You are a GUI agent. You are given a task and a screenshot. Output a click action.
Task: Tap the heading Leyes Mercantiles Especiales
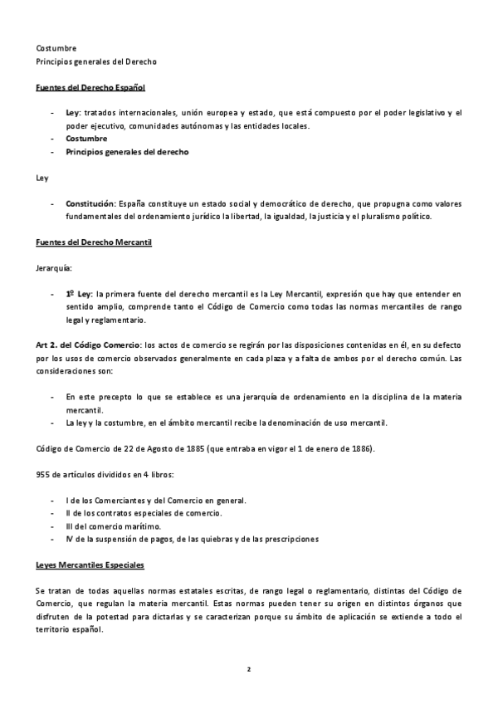90,565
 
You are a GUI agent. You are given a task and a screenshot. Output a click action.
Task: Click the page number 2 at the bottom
248,668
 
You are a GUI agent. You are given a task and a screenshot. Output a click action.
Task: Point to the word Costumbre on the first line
56,48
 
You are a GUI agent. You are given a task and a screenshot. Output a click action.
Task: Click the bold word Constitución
90,203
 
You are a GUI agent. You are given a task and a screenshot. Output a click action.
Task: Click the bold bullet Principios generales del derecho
127,152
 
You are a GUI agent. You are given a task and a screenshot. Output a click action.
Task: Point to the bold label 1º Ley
80,294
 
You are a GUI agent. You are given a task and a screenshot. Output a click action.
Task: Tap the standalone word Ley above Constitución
43,178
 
